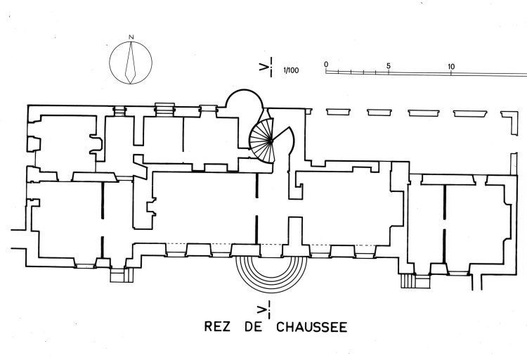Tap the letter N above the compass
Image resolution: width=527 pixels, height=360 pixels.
pos(131,37)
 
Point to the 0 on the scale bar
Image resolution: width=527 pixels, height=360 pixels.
pos(326,64)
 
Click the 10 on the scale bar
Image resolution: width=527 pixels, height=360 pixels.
pos(451,67)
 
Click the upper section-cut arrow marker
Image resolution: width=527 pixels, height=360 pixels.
pos(264,68)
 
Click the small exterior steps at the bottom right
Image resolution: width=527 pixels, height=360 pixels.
pos(408,281)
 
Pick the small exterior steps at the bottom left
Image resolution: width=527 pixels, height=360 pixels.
pos(117,274)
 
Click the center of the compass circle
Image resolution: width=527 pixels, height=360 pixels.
pos(131,62)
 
